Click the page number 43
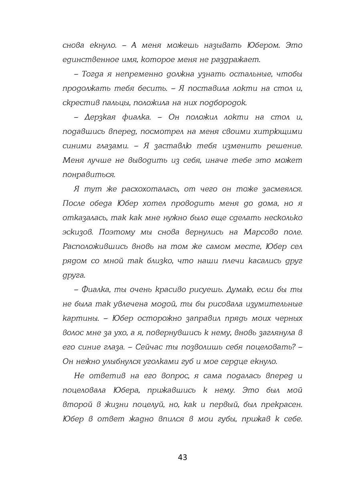182,457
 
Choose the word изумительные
268,304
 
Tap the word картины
78,318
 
